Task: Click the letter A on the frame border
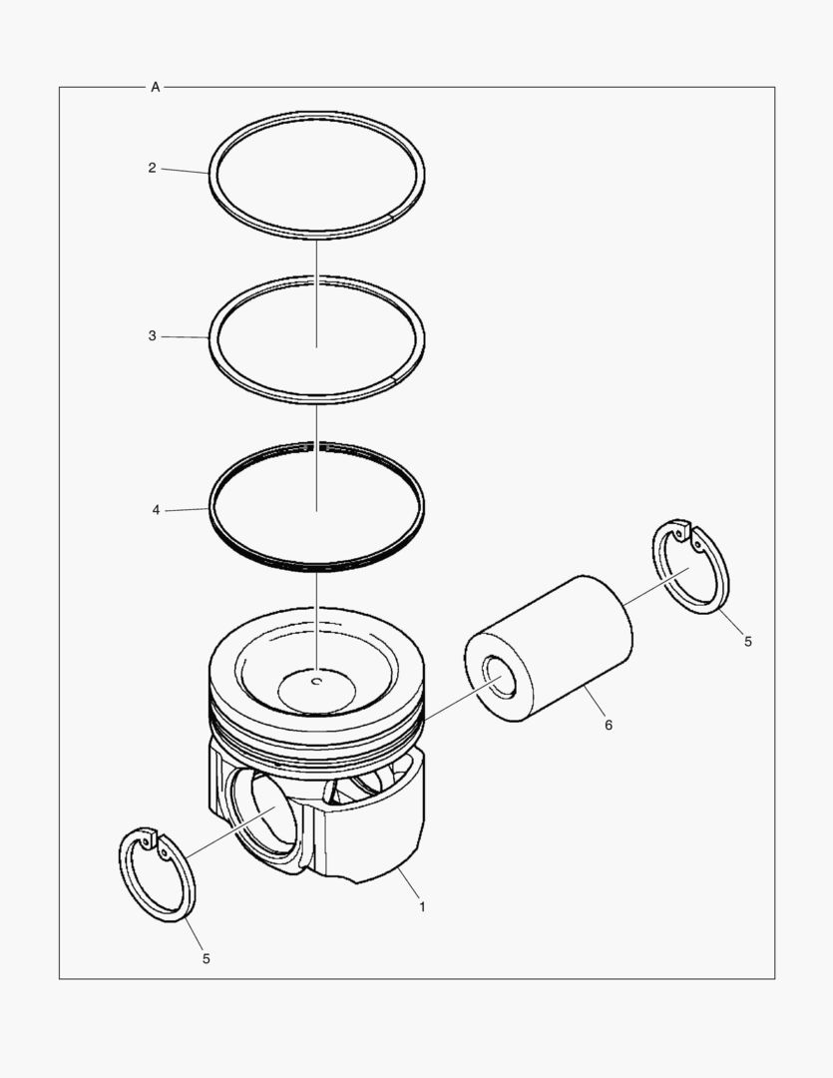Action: point(155,88)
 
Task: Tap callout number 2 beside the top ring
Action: point(152,168)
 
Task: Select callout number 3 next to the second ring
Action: point(152,336)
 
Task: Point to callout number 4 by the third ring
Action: point(156,510)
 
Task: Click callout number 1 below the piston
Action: point(422,907)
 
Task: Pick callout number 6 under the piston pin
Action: point(608,725)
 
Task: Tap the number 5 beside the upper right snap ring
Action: point(747,642)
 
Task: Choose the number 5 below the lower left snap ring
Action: point(207,958)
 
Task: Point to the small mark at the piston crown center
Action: point(315,683)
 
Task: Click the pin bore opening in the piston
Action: point(263,812)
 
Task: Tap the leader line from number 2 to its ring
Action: point(185,172)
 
